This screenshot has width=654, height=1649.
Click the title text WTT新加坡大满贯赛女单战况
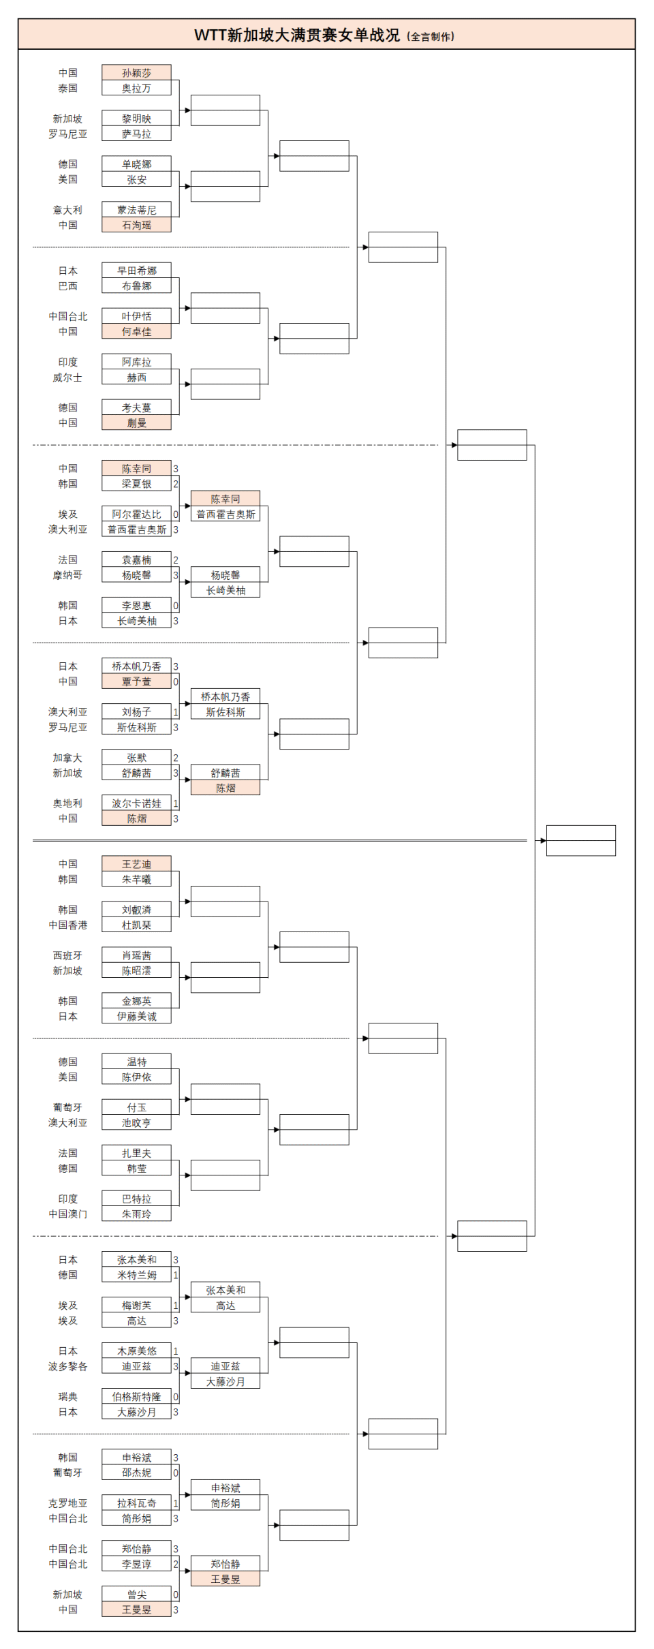[297, 35]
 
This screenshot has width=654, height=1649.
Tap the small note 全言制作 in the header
[431, 37]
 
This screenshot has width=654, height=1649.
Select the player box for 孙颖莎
[136, 73]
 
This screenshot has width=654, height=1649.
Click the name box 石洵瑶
[136, 225]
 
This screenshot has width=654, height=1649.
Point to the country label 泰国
[67, 89]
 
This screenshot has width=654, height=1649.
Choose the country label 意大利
[67, 210]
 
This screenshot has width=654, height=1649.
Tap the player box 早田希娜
[136, 271]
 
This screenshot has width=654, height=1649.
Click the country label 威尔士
[67, 377]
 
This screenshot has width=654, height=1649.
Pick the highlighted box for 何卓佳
[136, 332]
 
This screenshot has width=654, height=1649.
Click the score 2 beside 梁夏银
[176, 484]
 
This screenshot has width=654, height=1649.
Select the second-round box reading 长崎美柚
[225, 591]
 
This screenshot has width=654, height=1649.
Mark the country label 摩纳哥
[67, 575]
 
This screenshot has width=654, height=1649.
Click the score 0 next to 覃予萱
[176, 681]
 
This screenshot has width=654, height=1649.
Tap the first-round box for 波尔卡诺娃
[136, 803]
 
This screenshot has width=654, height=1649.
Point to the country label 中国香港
[67, 925]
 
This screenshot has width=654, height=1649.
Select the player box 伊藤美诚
[136, 1017]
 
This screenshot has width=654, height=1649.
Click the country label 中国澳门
[67, 1214]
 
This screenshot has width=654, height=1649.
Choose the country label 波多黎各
[67, 1366]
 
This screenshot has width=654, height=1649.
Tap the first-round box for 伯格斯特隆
[136, 1397]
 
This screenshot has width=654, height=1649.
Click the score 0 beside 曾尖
[176, 1594]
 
